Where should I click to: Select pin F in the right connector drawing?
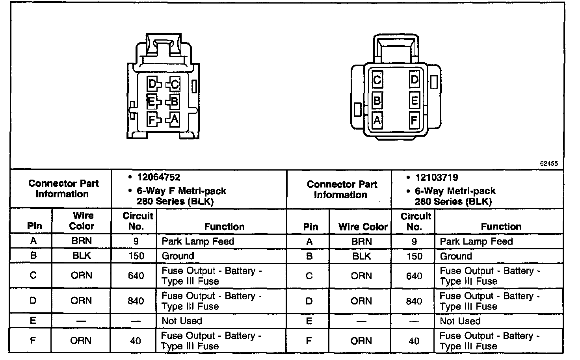pyautogui.click(x=414, y=119)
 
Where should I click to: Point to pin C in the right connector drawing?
pyautogui.click(x=377, y=80)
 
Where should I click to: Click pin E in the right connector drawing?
pyautogui.click(x=414, y=100)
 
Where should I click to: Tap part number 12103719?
pyautogui.click(x=437, y=178)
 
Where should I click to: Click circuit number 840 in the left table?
pyautogui.click(x=136, y=301)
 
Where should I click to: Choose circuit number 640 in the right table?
pyautogui.click(x=414, y=276)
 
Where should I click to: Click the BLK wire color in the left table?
pyautogui.click(x=82, y=256)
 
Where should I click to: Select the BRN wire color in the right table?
pyautogui.click(x=361, y=241)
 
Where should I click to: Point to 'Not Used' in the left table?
pyautogui.click(x=182, y=321)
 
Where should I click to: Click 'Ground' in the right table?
pyautogui.click(x=455, y=256)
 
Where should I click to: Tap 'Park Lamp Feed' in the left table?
pyautogui.click(x=198, y=241)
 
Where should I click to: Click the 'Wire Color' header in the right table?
pyautogui.click(x=362, y=227)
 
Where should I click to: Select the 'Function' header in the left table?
pyautogui.click(x=224, y=226)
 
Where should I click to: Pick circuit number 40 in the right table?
pyautogui.click(x=414, y=341)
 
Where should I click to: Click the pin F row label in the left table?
pyautogui.click(x=33, y=340)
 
